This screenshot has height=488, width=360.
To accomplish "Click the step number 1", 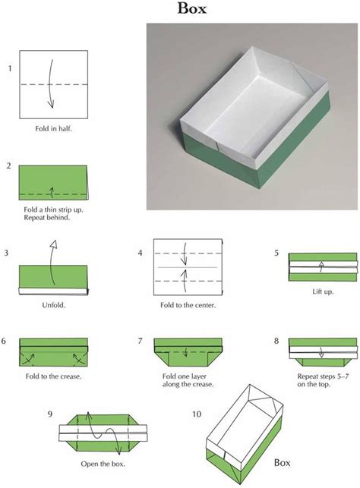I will (x=10, y=69).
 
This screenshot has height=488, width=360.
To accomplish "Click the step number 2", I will (x=8, y=165).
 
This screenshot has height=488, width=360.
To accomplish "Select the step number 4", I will (x=140, y=253).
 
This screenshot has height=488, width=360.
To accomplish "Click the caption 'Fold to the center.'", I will (x=189, y=305).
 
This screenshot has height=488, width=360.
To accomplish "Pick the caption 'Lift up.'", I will (x=323, y=291).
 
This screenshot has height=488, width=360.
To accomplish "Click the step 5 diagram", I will (x=323, y=266).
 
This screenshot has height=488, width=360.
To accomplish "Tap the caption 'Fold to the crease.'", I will (x=53, y=376).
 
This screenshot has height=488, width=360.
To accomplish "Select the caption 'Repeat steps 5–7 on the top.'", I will (x=323, y=379).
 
